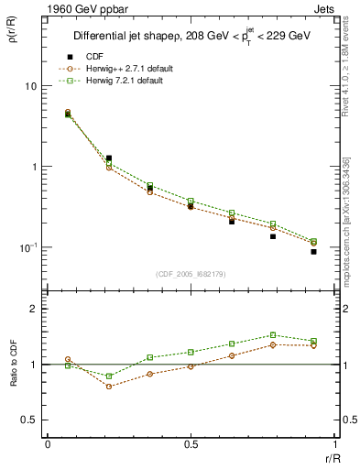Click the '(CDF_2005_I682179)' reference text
[191, 273]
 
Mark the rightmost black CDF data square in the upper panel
[313, 251]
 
